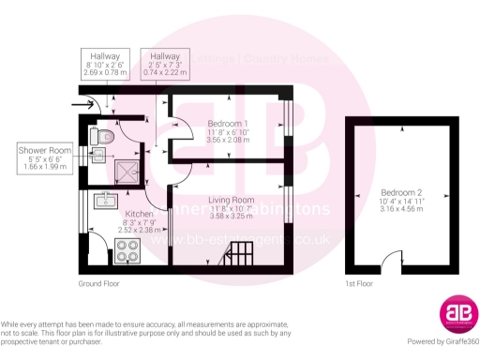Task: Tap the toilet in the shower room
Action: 105,138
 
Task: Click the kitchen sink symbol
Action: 104,199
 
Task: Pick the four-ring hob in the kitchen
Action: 126,249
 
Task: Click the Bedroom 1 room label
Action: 228,124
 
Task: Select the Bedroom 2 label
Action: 402,192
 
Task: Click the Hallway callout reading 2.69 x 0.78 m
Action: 104,64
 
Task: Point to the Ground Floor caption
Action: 99,282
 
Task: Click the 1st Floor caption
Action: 358,282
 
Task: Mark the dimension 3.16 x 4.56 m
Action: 402,210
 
